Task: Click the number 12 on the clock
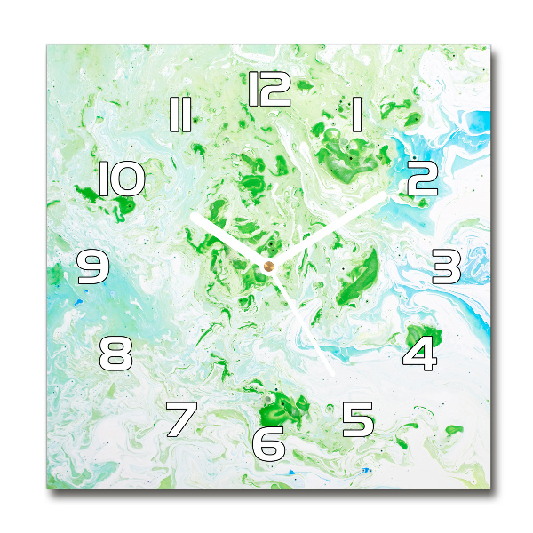click(x=269, y=90)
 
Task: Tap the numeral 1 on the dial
click(x=357, y=115)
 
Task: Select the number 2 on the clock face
click(x=422, y=179)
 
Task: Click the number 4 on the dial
click(x=420, y=353)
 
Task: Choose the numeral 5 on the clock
click(x=358, y=418)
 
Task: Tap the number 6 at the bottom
click(x=268, y=442)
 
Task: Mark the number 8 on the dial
click(x=116, y=354)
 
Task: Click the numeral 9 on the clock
click(x=92, y=266)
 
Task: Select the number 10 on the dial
click(x=121, y=179)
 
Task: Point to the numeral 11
click(x=180, y=115)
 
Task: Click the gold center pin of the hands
click(x=268, y=265)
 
